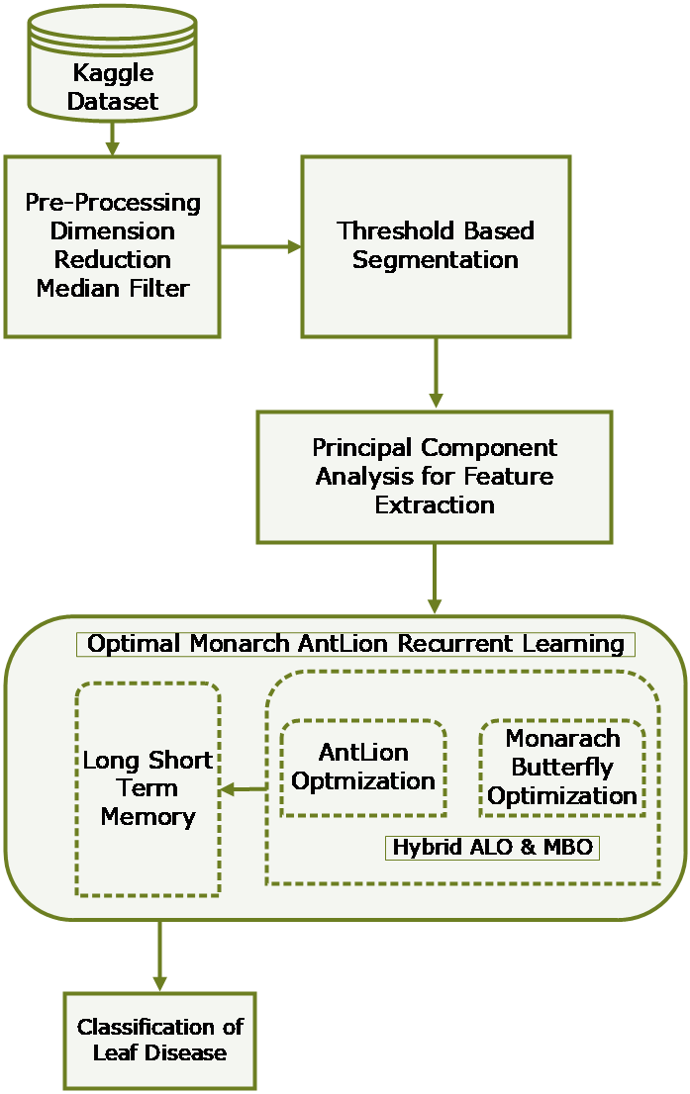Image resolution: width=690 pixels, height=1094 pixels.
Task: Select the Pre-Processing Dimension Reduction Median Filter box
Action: pyautogui.click(x=113, y=245)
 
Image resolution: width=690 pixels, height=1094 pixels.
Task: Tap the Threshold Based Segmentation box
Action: pyautogui.click(x=436, y=245)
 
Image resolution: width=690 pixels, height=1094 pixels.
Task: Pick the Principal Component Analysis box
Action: pyautogui.click(x=435, y=477)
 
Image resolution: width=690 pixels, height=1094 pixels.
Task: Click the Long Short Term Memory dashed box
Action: pyautogui.click(x=148, y=788)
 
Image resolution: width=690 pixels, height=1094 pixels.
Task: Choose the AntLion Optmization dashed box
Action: pyautogui.click(x=363, y=768)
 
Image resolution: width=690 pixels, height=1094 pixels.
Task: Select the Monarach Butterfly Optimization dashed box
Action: pyautogui.click(x=562, y=768)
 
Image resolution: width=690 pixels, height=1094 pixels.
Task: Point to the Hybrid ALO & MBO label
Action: pyautogui.click(x=492, y=848)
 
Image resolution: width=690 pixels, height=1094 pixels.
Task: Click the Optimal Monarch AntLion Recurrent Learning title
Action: pyautogui.click(x=355, y=644)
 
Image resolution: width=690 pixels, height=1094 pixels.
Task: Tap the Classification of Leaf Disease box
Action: pyautogui.click(x=159, y=1040)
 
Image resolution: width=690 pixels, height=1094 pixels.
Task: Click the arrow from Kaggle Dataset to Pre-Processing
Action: pyautogui.click(x=113, y=138)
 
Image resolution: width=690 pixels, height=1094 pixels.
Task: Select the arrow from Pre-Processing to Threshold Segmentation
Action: pyautogui.click(x=261, y=246)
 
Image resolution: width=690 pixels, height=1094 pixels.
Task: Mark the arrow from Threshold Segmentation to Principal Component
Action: pyautogui.click(x=436, y=374)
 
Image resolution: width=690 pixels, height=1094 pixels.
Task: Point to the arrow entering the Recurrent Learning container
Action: pyautogui.click(x=435, y=579)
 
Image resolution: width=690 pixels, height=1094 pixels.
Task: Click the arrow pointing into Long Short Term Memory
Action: pyautogui.click(x=243, y=788)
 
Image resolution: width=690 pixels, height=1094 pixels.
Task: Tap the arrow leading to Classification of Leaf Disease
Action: pyautogui.click(x=158, y=956)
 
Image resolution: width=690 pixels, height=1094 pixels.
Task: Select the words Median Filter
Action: pyautogui.click(x=113, y=288)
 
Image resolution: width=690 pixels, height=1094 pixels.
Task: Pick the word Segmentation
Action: pyautogui.click(x=436, y=260)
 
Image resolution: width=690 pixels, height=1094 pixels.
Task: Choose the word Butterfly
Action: pyautogui.click(x=562, y=767)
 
